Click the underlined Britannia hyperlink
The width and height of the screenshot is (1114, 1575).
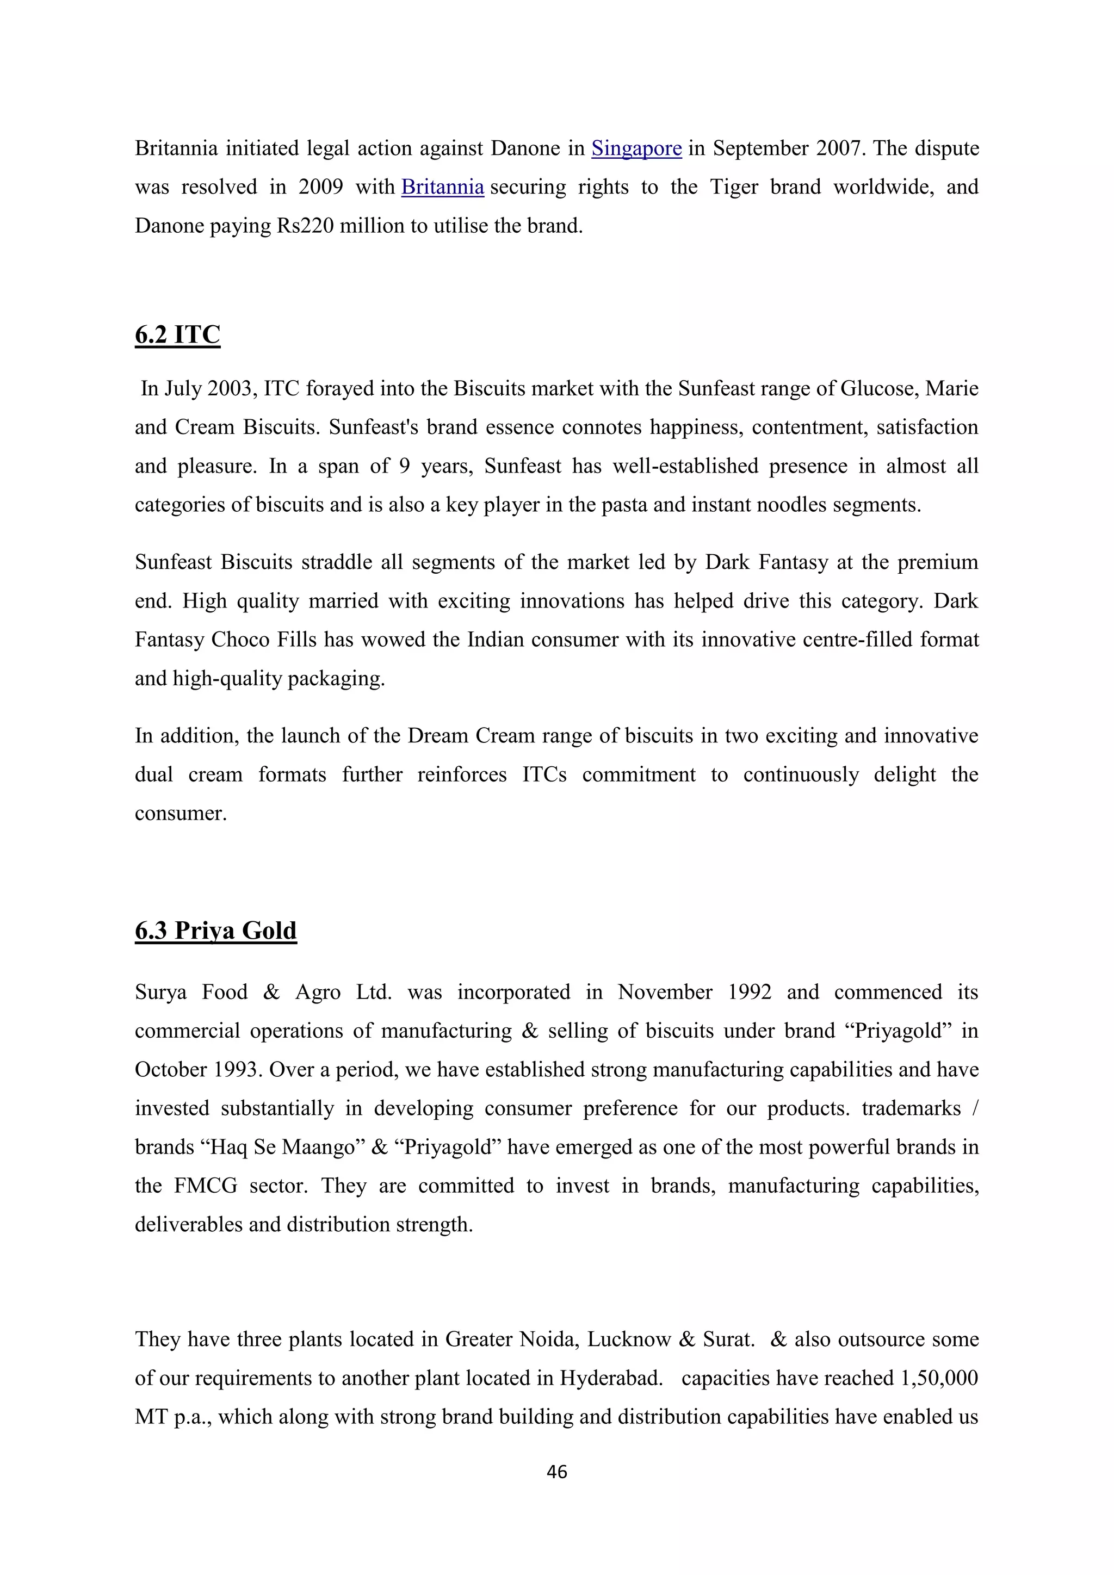[x=442, y=187]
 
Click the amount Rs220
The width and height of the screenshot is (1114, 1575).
[x=305, y=226]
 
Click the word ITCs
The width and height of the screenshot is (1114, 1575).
[x=544, y=775]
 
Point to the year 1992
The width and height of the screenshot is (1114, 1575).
[x=747, y=993]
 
